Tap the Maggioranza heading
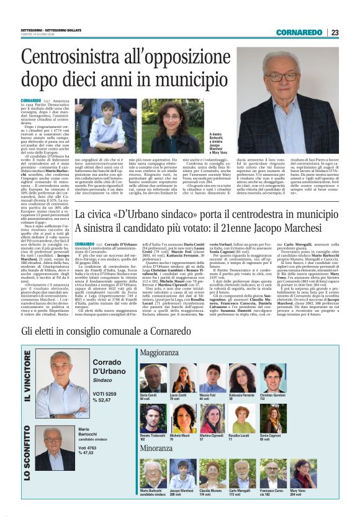(161, 352)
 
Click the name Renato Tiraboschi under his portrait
(153, 438)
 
